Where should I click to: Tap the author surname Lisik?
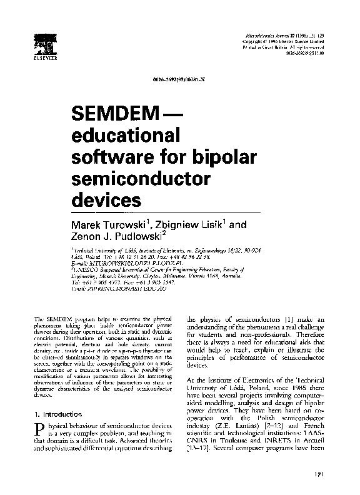pos(206,224)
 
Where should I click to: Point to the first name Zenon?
pos(87,237)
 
